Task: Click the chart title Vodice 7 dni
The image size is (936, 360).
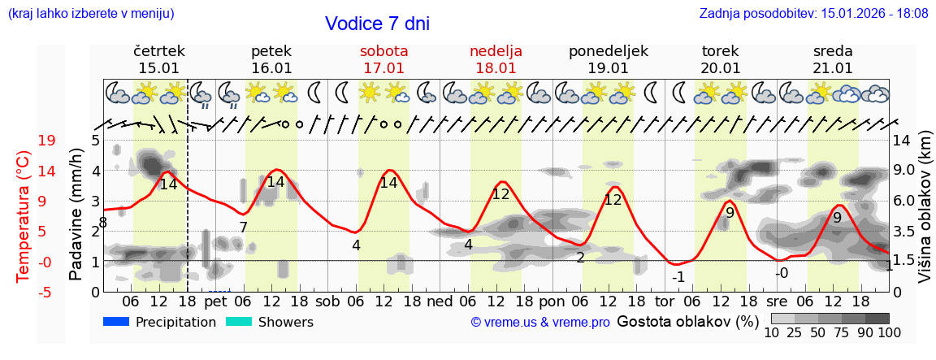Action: (x=377, y=24)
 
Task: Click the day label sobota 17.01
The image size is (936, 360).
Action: (x=383, y=59)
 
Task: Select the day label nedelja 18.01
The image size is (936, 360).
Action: (x=496, y=59)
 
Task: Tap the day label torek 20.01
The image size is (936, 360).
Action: (x=721, y=59)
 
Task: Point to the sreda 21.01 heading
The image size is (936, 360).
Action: (x=833, y=59)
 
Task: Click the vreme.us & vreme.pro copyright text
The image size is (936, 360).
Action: (x=540, y=323)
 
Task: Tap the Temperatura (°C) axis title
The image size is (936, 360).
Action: (x=23, y=216)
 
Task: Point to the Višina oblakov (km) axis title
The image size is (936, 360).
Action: (x=924, y=209)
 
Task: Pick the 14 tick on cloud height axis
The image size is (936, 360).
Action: (x=902, y=141)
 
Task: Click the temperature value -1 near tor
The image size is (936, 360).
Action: (x=678, y=276)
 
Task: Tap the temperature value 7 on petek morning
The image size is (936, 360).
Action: (x=243, y=227)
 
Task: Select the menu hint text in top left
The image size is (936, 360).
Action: (x=90, y=13)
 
